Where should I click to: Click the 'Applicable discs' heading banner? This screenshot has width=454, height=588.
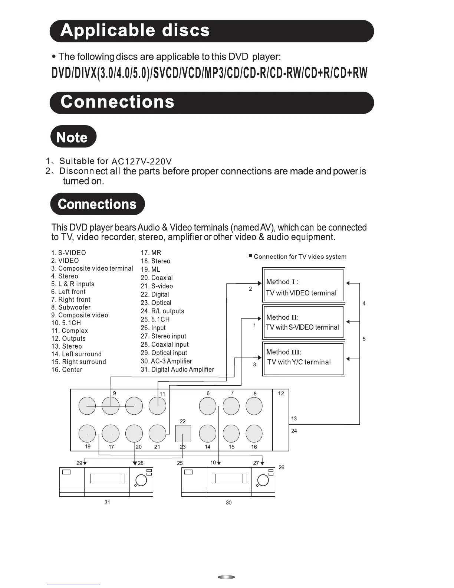[211, 31]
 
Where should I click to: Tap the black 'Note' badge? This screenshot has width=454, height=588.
[73, 137]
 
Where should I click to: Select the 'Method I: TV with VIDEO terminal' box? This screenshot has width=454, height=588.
[303, 285]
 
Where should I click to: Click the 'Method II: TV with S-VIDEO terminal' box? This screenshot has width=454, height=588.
[303, 322]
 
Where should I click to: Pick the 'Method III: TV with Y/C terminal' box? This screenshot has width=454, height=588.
[303, 358]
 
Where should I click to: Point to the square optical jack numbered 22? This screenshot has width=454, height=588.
[183, 433]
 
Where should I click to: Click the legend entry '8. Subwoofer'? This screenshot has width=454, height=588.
[71, 307]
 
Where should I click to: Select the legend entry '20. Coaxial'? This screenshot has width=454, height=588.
[157, 278]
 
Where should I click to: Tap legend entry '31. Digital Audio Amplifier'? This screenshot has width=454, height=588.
[177, 369]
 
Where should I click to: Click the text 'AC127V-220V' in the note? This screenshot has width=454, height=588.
[142, 161]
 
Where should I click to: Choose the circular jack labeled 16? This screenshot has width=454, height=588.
[254, 433]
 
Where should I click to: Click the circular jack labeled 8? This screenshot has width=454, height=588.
[254, 406]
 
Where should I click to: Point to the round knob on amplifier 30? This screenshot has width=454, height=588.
[263, 480]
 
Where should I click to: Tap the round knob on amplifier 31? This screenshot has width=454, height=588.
[141, 480]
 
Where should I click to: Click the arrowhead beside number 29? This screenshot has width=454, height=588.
[85, 463]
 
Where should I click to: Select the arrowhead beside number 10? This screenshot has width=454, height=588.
[219, 463]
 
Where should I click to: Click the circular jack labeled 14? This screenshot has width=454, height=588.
[208, 433]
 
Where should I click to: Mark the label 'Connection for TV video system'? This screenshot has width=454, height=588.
[300, 257]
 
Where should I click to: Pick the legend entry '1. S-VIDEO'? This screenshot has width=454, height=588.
[69, 253]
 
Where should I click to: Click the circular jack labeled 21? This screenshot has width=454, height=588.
[157, 433]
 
